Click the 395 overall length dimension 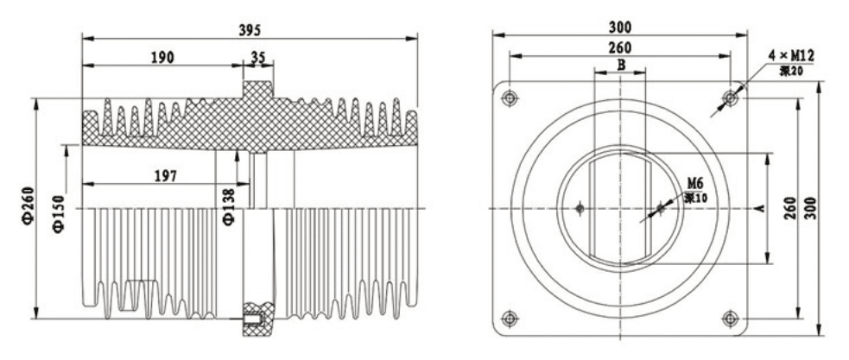249,28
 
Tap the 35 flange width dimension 257,58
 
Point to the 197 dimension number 165,175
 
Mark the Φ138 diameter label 228,203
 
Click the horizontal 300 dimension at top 620,27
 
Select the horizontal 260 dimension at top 620,47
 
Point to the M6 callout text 695,183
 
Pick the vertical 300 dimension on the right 811,208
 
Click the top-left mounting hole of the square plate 510,97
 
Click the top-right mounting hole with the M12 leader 731,97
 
